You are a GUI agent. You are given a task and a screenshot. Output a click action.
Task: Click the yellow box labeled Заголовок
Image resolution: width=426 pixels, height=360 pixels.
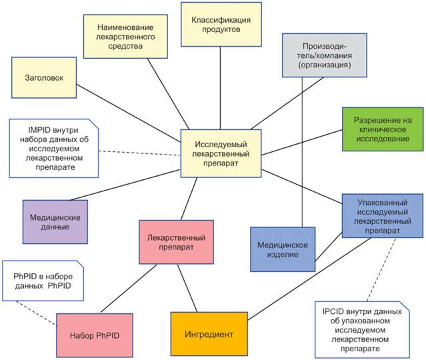click(41, 78)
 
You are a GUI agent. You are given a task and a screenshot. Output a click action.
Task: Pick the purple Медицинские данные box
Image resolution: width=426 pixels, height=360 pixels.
click(55, 221)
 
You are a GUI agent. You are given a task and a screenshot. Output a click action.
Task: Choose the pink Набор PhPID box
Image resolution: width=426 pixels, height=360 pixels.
click(89, 331)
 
